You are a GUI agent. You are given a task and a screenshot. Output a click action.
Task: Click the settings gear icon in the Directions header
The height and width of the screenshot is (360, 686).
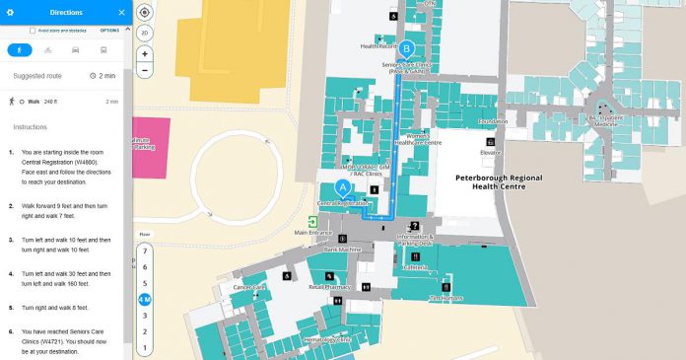(x=10, y=13)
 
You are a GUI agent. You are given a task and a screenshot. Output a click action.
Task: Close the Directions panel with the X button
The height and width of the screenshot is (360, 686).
(x=121, y=13)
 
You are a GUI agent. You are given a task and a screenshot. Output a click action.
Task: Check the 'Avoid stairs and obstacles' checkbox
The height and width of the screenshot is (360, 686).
(x=34, y=31)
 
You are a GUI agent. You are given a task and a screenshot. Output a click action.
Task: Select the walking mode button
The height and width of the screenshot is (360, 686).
(x=19, y=48)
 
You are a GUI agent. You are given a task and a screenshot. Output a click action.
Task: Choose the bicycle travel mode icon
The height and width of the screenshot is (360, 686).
(x=47, y=48)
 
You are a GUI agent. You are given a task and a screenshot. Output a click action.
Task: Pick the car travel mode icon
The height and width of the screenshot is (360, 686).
(x=75, y=48)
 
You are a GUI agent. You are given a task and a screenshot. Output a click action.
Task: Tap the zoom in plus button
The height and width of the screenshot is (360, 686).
(x=145, y=54)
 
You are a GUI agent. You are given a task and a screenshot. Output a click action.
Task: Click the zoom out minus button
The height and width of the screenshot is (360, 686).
(x=145, y=70)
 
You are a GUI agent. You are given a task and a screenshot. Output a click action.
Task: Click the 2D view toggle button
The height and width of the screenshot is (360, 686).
(x=145, y=34)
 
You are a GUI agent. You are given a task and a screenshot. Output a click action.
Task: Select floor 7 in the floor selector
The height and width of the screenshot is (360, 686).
(x=145, y=252)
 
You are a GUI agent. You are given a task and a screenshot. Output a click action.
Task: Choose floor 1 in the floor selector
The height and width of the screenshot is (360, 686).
(x=145, y=347)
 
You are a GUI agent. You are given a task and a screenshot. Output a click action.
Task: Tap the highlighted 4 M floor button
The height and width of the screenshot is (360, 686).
(x=145, y=299)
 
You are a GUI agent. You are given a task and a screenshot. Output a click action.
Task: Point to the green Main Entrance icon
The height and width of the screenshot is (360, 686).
(x=312, y=222)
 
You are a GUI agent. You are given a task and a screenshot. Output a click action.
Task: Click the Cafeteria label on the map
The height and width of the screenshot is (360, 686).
(x=416, y=267)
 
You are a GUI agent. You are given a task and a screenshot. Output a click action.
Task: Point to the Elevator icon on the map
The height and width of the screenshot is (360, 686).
(x=490, y=143)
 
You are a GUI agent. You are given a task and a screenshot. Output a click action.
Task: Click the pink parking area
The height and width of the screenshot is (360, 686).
(x=150, y=147)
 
